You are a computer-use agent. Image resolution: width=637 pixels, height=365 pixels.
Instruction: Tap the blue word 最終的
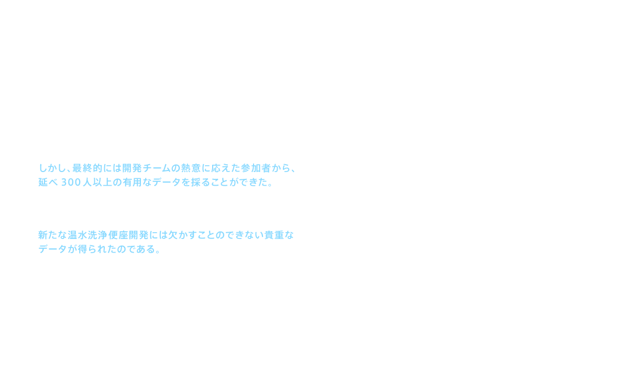86,168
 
